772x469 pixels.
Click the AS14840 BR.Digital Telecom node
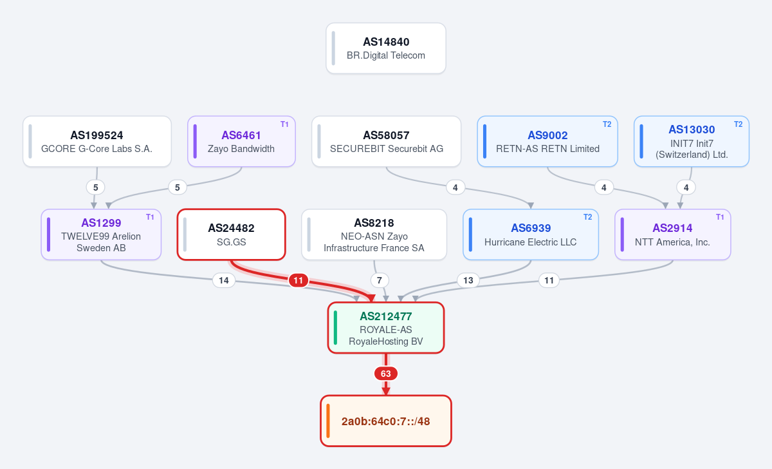[385, 48]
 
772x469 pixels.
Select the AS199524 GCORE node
[97, 142]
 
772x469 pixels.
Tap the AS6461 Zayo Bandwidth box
[241, 142]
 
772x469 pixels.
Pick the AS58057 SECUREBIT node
[386, 142]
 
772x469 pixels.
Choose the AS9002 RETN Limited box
[547, 142]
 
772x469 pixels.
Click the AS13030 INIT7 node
[692, 142]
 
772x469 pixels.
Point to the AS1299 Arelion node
[101, 235]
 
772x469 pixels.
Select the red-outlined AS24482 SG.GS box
[231, 235]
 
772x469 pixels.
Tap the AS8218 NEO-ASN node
[374, 235]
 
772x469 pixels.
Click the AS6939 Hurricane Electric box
[530, 235]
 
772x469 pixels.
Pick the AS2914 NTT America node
[672, 235]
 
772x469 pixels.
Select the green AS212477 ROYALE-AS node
[385, 328]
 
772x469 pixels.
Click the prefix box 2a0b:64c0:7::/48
[385, 421]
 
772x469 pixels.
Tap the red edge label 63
[385, 374]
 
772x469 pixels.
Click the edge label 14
[224, 280]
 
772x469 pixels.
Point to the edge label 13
[468, 280]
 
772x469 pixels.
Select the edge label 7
[380, 280]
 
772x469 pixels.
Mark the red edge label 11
[298, 280]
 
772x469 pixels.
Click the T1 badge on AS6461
[284, 124]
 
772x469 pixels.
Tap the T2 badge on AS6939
[587, 217]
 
